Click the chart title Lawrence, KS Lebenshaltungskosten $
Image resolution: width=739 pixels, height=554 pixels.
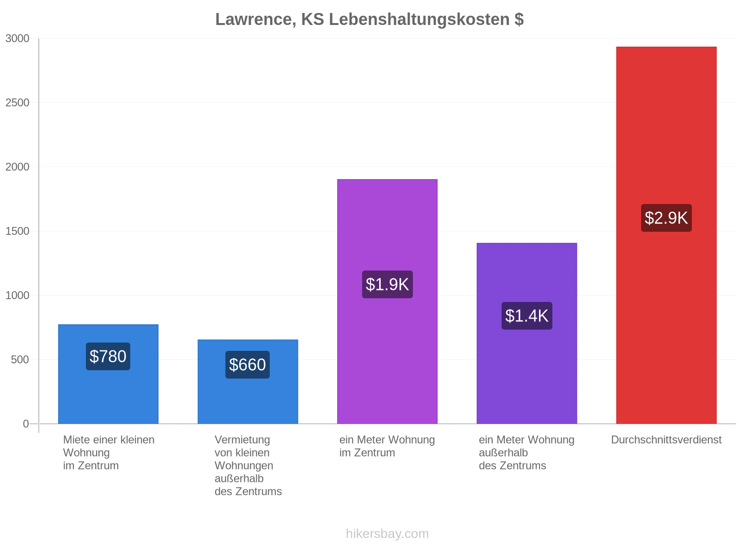pyautogui.click(x=369, y=19)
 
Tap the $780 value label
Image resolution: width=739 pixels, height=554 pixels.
pyautogui.click(x=108, y=356)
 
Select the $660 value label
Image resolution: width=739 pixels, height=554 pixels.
pyautogui.click(x=248, y=365)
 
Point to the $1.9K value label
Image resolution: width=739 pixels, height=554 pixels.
pyautogui.click(x=387, y=284)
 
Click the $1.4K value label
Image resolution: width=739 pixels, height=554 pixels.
pyautogui.click(x=527, y=315)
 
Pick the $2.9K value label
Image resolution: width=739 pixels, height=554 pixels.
pyautogui.click(x=666, y=217)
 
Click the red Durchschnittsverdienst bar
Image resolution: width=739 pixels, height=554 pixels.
pyautogui.click(x=666, y=235)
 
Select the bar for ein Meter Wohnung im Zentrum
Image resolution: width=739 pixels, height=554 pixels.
pyautogui.click(x=387, y=301)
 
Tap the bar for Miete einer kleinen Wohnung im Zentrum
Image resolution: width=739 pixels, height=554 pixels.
pyautogui.click(x=108, y=374)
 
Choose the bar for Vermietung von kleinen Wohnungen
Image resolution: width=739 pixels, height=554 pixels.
pyautogui.click(x=248, y=381)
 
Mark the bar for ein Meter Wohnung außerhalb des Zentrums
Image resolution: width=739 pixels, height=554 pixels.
pyautogui.click(x=527, y=333)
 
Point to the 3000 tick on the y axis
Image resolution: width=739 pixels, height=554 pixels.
pyautogui.click(x=17, y=38)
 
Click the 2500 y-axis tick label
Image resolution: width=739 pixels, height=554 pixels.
pyautogui.click(x=17, y=102)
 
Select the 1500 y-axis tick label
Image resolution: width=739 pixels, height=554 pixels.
pyautogui.click(x=17, y=231)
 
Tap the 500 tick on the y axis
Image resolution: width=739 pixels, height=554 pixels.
pyautogui.click(x=20, y=360)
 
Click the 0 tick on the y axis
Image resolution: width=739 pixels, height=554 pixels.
pyautogui.click(x=26, y=424)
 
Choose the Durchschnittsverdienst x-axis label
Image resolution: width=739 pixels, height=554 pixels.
pyautogui.click(x=666, y=440)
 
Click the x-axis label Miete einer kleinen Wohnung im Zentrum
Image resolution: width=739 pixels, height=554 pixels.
pyautogui.click(x=109, y=453)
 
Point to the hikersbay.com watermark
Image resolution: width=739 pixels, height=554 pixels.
pyautogui.click(x=387, y=534)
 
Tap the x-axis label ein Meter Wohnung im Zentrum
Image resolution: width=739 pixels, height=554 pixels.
pyautogui.click(x=387, y=446)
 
